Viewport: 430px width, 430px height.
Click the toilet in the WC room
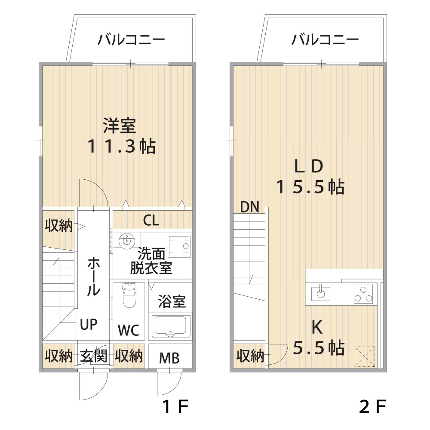[129, 295]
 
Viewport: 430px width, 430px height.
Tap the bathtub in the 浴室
[171, 327]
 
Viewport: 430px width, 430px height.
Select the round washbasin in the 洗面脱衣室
[127, 240]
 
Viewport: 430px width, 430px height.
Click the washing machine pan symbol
[179, 246]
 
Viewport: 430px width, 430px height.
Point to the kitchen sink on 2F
[321, 294]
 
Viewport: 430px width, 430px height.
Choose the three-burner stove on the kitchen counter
[363, 294]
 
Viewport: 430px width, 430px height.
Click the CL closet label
[150, 220]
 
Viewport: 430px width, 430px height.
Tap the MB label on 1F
[169, 358]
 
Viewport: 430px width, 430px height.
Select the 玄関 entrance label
[93, 356]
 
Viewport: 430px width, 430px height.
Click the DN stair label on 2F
[249, 207]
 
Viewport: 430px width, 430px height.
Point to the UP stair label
[89, 324]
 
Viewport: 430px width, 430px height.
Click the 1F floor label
[175, 406]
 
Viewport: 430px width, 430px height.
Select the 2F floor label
[372, 406]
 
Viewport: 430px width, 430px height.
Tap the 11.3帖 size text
[122, 146]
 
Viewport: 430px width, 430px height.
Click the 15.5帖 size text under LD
[310, 187]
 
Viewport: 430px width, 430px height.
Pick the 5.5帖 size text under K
[319, 348]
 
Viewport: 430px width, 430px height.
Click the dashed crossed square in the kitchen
[365, 356]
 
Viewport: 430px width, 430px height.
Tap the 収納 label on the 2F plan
[250, 356]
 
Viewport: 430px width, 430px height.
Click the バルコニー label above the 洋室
[131, 40]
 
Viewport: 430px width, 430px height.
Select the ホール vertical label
[93, 276]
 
